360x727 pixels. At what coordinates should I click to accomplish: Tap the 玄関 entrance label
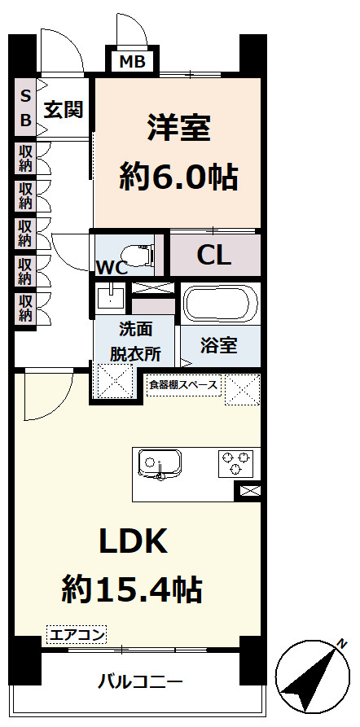pyautogui.click(x=64, y=110)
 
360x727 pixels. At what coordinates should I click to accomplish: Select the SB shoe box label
pyautogui.click(x=25, y=108)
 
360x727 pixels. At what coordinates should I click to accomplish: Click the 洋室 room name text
pyautogui.click(x=178, y=129)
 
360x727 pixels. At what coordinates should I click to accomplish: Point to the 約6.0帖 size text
pyautogui.click(x=178, y=174)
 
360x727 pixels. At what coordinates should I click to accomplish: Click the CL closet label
pyautogui.click(x=214, y=255)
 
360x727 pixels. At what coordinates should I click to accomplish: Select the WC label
pyautogui.click(x=110, y=267)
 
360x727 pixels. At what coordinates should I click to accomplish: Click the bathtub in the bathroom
pyautogui.click(x=218, y=304)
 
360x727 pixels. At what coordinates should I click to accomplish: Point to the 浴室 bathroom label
pyautogui.click(x=219, y=344)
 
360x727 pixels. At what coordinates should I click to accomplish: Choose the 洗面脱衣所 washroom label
pyautogui.click(x=134, y=343)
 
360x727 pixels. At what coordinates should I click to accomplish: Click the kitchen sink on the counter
pyautogui.click(x=159, y=464)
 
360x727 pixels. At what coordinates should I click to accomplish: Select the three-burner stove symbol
pyautogui.click(x=235, y=463)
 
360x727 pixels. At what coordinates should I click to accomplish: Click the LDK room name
pyautogui.click(x=133, y=541)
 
